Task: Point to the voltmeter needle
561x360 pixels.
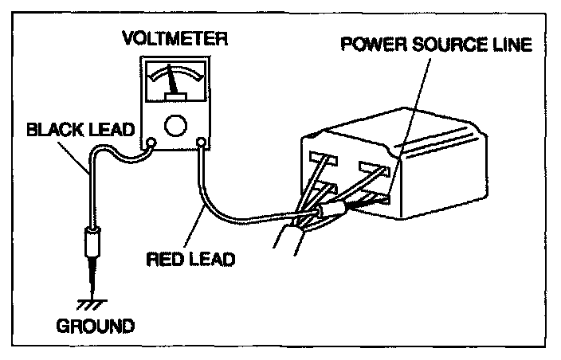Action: (171, 83)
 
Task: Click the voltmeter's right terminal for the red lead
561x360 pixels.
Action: (202, 144)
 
